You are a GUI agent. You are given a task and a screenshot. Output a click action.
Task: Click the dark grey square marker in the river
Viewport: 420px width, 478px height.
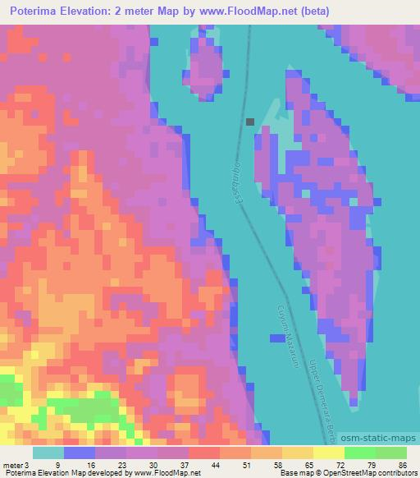[250, 122]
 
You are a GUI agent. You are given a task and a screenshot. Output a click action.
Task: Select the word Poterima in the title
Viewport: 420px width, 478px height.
[39, 12]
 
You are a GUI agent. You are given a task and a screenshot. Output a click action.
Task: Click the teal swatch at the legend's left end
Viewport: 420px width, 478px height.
[48, 453]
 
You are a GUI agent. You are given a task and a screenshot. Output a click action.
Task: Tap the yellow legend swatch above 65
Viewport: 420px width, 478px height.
[298, 453]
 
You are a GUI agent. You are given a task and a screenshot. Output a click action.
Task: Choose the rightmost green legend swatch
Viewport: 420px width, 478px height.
[391, 453]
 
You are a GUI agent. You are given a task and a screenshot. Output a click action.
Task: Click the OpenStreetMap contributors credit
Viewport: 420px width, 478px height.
[370, 473]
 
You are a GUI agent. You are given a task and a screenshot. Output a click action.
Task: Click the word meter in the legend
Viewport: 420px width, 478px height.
[12, 464]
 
